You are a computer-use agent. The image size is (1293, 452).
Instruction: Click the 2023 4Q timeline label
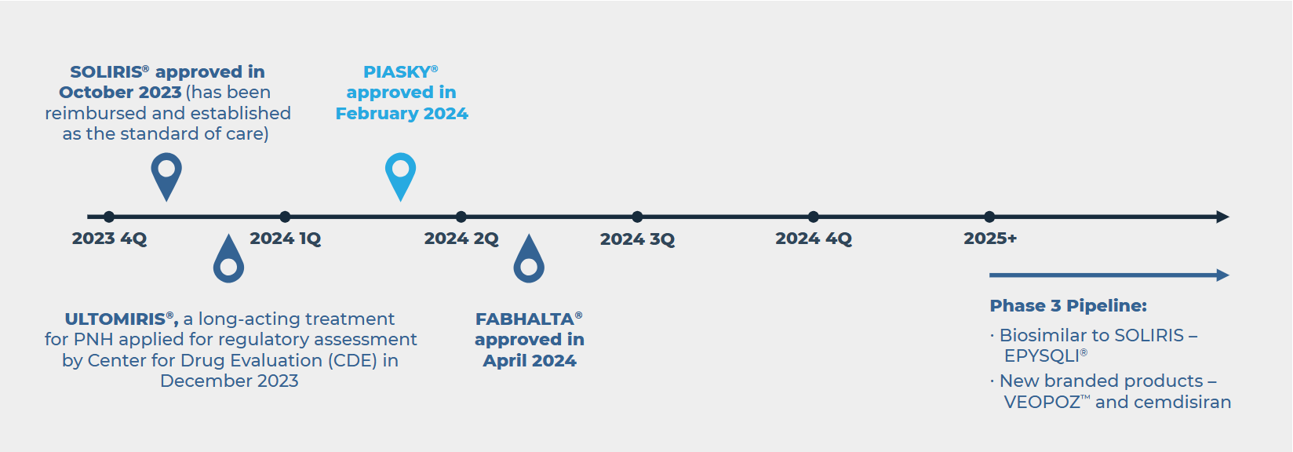click(109, 239)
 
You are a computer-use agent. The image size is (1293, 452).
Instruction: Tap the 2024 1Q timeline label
click(285, 239)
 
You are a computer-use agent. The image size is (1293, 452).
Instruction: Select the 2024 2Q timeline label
click(461, 239)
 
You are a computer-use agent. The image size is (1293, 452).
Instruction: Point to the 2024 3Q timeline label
click(637, 239)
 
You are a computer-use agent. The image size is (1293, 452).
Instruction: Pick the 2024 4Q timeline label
click(814, 239)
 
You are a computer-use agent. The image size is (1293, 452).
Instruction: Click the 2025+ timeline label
click(990, 239)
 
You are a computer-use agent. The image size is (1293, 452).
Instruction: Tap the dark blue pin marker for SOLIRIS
click(166, 176)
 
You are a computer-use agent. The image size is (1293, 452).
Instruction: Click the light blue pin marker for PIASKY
click(401, 176)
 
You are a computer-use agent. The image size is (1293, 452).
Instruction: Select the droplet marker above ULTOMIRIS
click(228, 260)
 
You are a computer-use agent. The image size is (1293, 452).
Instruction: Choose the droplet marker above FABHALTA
click(529, 260)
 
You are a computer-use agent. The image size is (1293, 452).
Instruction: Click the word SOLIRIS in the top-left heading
click(106, 72)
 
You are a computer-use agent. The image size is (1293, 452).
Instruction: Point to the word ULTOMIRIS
click(115, 319)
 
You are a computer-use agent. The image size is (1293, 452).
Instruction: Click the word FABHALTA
click(525, 319)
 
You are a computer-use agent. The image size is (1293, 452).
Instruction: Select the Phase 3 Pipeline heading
click(1068, 306)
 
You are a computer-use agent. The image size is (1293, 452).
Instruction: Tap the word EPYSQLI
click(1042, 356)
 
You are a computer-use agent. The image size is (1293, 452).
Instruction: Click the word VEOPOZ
click(1042, 402)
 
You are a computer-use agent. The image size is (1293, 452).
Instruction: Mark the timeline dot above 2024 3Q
click(637, 217)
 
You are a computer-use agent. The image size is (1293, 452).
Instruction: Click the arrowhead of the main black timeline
click(1222, 217)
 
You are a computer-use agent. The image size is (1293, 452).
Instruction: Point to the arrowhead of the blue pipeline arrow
click(1222, 275)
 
